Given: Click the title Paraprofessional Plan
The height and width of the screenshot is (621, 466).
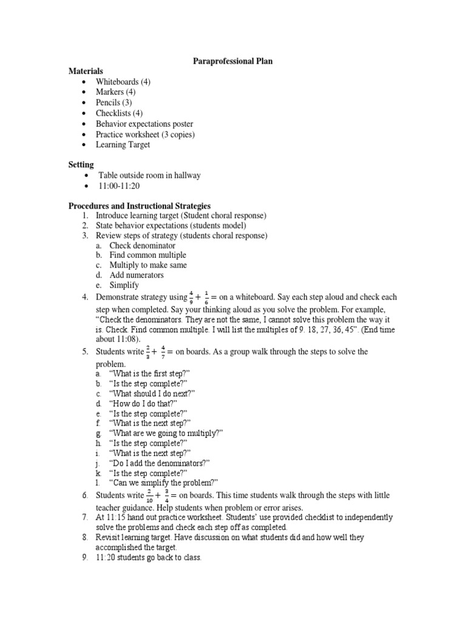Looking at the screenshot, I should click(x=232, y=61).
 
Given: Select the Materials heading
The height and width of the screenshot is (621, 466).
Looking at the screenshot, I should click(x=86, y=72).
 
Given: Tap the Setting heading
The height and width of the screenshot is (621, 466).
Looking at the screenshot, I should click(x=81, y=164).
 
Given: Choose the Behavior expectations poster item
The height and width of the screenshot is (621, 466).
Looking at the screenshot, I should click(x=144, y=124).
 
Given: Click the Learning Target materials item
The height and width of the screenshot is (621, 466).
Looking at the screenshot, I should click(x=123, y=145).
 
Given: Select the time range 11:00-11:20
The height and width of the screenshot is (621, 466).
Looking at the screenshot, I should click(x=119, y=186).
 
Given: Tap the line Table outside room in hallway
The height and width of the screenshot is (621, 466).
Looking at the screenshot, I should click(x=149, y=175).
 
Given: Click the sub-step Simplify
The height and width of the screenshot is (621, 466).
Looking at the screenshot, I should click(x=124, y=285).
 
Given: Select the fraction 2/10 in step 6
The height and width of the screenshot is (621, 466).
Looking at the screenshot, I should click(x=150, y=496).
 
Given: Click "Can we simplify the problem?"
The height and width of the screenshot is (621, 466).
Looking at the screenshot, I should click(x=163, y=483).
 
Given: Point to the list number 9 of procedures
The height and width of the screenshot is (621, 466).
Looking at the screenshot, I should click(x=85, y=557).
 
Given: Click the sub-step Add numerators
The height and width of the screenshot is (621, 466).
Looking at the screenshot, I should click(x=136, y=275).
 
